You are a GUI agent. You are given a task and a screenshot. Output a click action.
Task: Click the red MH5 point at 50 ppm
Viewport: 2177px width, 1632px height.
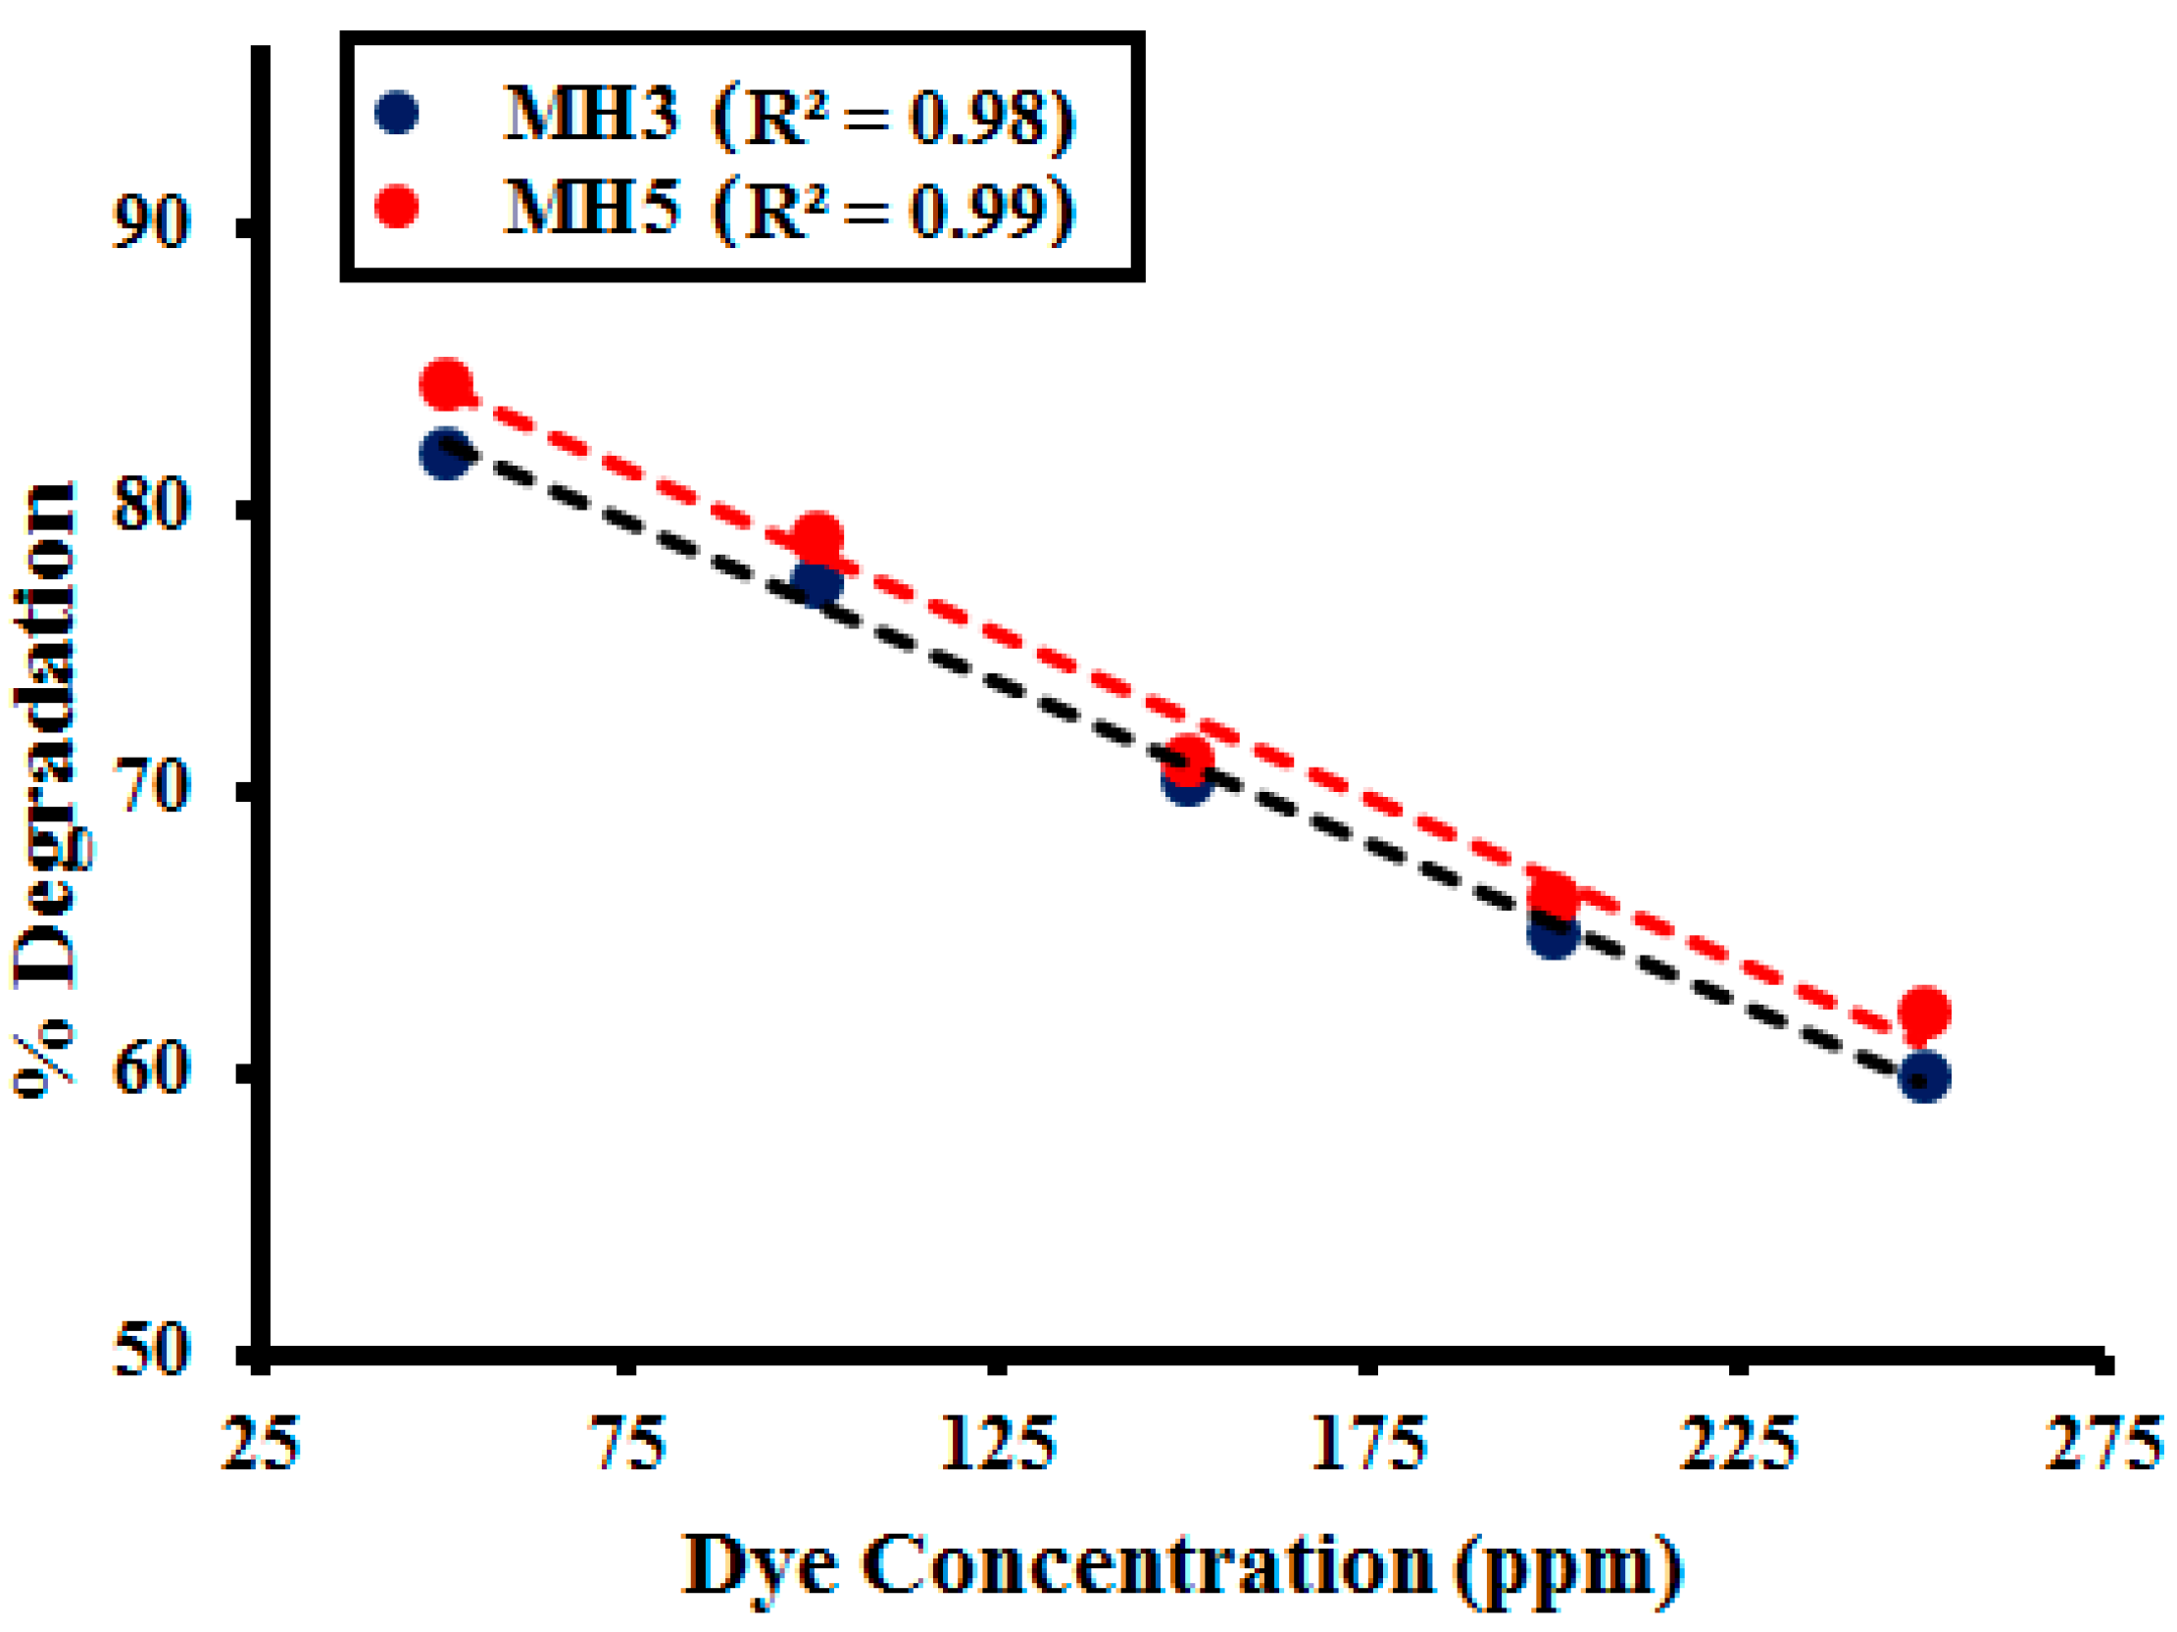[446, 384]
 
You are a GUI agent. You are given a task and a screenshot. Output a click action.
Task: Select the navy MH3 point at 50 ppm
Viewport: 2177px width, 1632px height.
[446, 454]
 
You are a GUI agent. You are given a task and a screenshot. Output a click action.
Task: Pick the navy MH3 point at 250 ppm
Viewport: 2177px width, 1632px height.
[1924, 1078]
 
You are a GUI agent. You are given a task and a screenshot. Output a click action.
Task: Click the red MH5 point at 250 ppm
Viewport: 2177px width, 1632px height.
[1924, 1011]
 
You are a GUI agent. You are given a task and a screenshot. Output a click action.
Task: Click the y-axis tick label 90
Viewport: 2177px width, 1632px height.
[150, 223]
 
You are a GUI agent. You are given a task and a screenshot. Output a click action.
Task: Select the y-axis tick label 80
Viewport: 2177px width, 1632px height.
[150, 506]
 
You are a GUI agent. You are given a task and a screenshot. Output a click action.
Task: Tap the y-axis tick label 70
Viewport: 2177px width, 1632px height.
[150, 788]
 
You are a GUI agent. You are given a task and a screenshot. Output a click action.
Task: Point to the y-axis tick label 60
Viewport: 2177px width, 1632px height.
[150, 1070]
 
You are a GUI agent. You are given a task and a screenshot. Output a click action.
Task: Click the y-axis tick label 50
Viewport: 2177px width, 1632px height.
[150, 1352]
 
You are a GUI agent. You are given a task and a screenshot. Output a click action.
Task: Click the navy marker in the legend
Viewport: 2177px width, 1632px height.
[397, 112]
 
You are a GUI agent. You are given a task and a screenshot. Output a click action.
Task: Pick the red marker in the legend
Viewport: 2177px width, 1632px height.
[397, 207]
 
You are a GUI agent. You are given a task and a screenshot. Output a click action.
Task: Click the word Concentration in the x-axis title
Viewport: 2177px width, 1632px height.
[1148, 1565]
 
